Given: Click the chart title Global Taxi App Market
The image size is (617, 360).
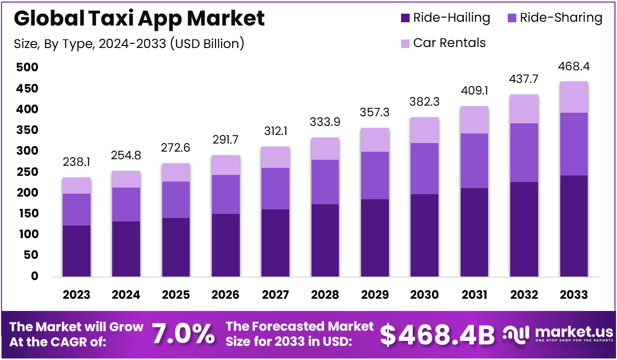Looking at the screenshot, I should click(x=139, y=19).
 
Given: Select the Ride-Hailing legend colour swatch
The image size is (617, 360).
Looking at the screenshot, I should click(x=405, y=18).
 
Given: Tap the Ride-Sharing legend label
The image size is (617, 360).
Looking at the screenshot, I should click(x=561, y=18).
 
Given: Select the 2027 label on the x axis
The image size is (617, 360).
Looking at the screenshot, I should click(x=276, y=295).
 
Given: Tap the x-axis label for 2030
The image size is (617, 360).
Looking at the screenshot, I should click(x=425, y=295).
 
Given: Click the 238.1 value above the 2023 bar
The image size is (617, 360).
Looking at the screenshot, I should click(x=76, y=163).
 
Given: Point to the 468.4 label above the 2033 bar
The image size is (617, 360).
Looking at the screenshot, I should click(x=574, y=67).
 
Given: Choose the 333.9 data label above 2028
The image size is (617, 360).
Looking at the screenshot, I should click(x=325, y=123).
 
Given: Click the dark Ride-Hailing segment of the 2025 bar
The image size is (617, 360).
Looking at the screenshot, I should click(x=176, y=247).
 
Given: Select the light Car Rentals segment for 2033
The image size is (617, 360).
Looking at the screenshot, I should click(x=574, y=97).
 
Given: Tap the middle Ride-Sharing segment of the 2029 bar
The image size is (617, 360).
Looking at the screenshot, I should click(x=375, y=175).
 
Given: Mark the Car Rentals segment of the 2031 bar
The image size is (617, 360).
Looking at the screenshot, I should click(x=474, y=120).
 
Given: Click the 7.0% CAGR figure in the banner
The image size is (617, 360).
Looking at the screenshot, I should click(x=183, y=334).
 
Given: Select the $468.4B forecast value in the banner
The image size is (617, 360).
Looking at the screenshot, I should click(x=437, y=334).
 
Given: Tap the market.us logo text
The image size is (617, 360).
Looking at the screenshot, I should click(x=574, y=332).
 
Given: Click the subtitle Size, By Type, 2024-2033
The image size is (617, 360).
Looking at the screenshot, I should click(x=129, y=44).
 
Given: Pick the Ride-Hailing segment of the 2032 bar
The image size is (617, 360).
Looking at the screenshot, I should click(x=524, y=229).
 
